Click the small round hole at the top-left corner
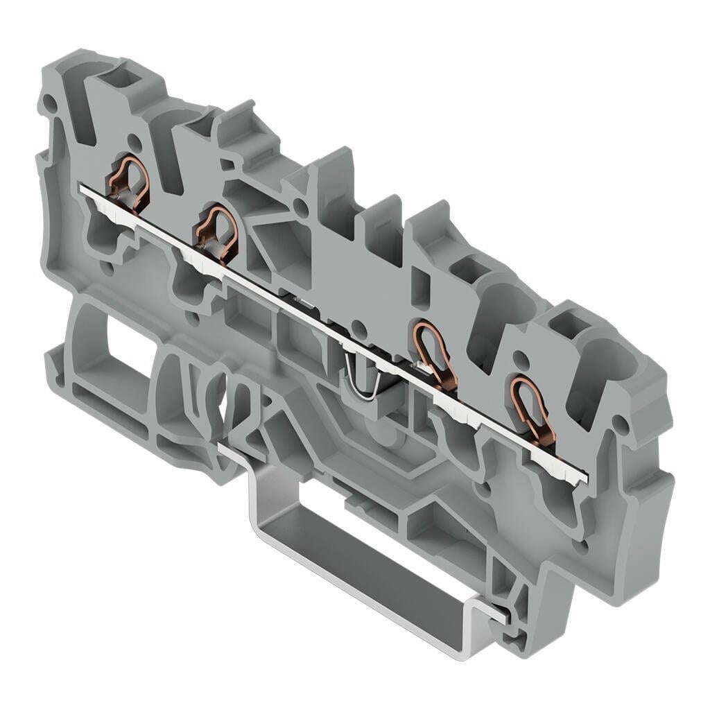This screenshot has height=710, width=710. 49,105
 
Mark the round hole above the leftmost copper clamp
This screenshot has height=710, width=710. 134,144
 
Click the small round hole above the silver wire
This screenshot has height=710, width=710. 357,326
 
